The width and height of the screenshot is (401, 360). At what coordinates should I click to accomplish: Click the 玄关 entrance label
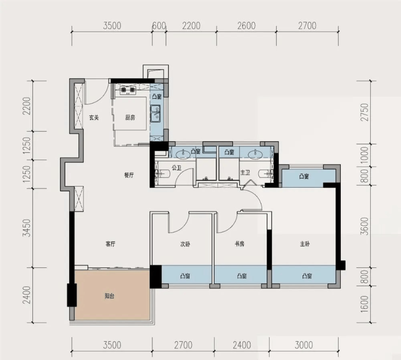[x=94, y=118]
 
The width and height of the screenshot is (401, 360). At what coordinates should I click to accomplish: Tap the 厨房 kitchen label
[x=130, y=118]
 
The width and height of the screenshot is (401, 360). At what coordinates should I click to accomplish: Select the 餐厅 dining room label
[x=129, y=175]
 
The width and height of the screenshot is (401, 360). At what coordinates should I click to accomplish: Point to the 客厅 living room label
[x=111, y=244]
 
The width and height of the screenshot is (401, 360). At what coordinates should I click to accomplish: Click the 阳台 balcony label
[x=109, y=296]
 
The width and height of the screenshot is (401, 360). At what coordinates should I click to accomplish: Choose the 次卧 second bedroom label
[x=185, y=244]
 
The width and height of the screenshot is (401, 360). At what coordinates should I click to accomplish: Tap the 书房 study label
[x=240, y=244]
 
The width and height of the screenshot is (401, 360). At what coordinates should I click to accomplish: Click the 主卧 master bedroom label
[x=305, y=244]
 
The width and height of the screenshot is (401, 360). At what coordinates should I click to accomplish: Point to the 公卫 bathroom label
[x=177, y=168]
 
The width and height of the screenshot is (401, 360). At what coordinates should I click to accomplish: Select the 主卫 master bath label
[x=245, y=173]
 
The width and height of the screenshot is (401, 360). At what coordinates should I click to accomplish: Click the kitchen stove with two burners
[x=127, y=90]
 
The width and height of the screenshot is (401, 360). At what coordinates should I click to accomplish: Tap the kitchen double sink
[x=155, y=114]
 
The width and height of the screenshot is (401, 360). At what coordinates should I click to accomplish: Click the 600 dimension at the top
[x=159, y=26]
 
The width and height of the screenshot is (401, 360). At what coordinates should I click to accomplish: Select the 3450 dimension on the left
[x=27, y=228]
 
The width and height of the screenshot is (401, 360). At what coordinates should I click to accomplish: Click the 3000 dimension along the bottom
[x=304, y=345]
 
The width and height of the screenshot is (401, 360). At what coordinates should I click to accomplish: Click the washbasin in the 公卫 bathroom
[x=183, y=154]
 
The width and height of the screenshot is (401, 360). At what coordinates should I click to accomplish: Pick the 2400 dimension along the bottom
[x=242, y=345]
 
